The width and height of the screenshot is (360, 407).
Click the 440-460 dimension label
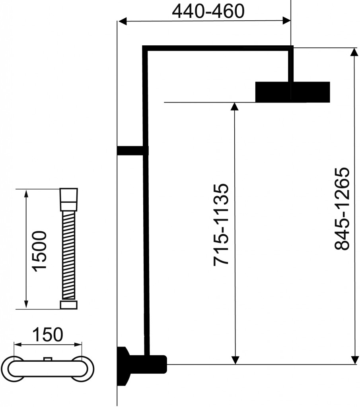click(x=208, y=12)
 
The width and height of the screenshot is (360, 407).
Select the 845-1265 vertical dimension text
click(x=342, y=209)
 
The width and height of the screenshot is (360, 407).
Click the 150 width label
click(x=48, y=335)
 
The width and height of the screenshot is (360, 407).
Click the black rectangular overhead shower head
click(x=292, y=92)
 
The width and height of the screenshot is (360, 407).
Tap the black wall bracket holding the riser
click(x=133, y=151)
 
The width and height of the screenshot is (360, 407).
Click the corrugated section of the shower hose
click(x=68, y=256)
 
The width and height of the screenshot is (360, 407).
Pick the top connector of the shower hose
click(x=69, y=200)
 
